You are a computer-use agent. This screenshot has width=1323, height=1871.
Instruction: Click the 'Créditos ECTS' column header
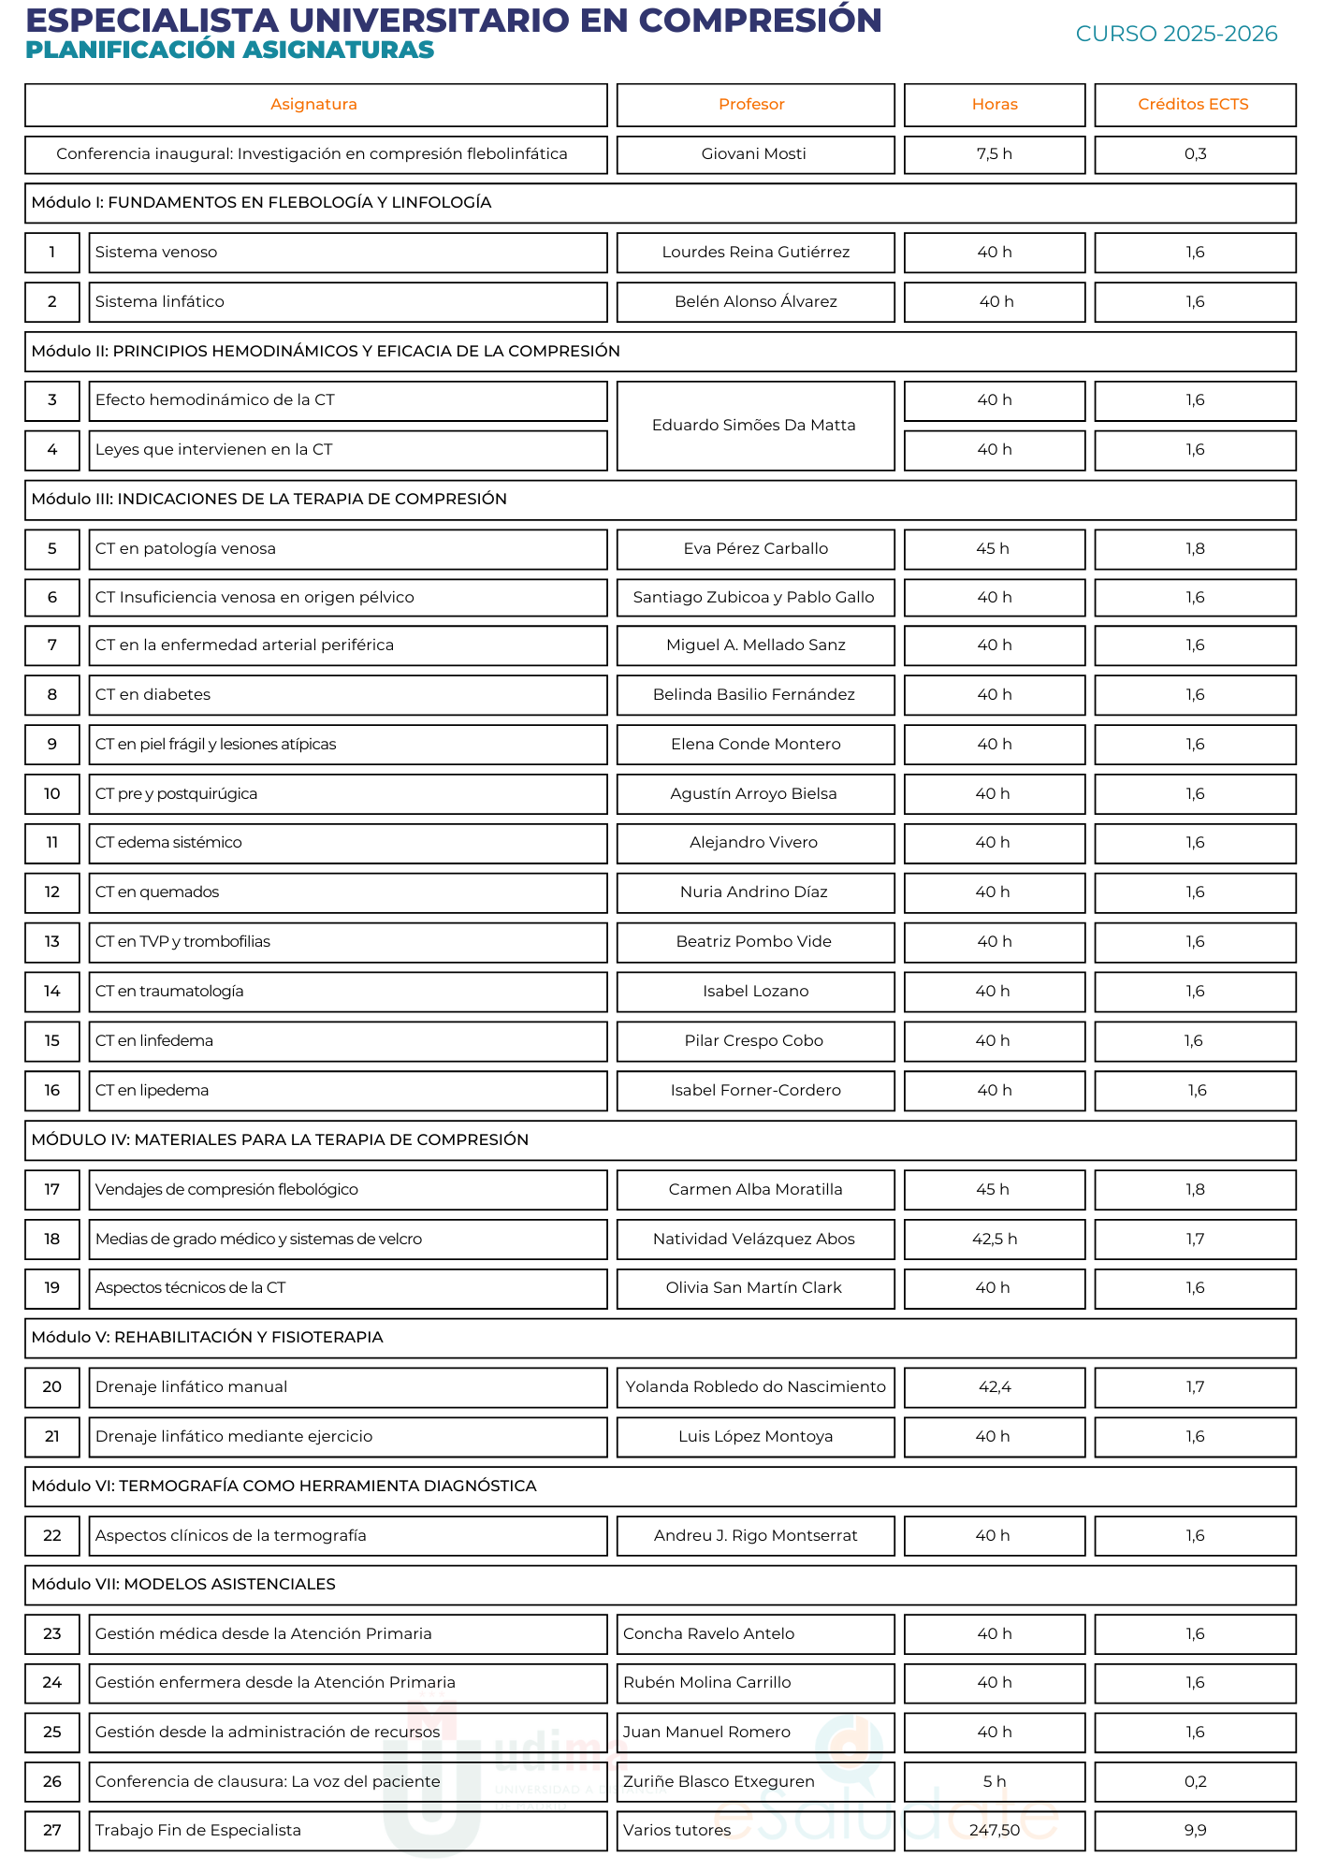[x=1193, y=105]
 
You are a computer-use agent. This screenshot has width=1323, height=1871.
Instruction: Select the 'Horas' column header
[x=994, y=105]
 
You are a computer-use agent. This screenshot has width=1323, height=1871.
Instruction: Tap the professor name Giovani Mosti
[x=753, y=154]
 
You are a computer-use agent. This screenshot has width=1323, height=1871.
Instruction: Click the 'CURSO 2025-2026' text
[x=1176, y=35]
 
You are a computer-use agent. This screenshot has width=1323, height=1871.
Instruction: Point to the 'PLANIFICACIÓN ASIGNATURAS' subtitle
[x=229, y=51]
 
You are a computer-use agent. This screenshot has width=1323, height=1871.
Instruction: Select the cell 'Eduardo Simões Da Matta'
[x=753, y=426]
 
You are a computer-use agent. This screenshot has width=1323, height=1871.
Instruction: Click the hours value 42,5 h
[x=994, y=1240]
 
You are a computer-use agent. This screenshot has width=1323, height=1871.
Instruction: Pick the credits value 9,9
[x=1195, y=1831]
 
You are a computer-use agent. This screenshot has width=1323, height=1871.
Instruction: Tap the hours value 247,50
[x=994, y=1831]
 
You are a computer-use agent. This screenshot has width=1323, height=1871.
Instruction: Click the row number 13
[x=52, y=942]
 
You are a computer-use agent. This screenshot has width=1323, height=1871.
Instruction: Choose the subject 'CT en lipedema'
[x=152, y=1091]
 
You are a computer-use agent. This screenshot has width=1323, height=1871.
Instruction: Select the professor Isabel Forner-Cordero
[x=755, y=1091]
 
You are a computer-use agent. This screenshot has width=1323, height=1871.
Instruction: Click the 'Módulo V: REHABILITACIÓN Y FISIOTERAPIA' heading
[x=207, y=1338]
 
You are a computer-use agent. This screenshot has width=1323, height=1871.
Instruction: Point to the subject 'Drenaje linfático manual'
[x=191, y=1387]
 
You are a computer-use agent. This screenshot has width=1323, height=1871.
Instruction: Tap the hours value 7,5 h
[x=994, y=154]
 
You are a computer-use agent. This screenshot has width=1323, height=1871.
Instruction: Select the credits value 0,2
[x=1195, y=1782]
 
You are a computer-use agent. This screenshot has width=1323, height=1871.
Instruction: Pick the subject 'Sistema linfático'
[x=159, y=302]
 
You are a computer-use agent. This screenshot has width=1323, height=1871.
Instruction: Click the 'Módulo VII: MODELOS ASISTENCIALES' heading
[x=183, y=1585]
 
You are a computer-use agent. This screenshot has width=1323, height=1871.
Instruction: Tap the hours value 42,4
[x=994, y=1387]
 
